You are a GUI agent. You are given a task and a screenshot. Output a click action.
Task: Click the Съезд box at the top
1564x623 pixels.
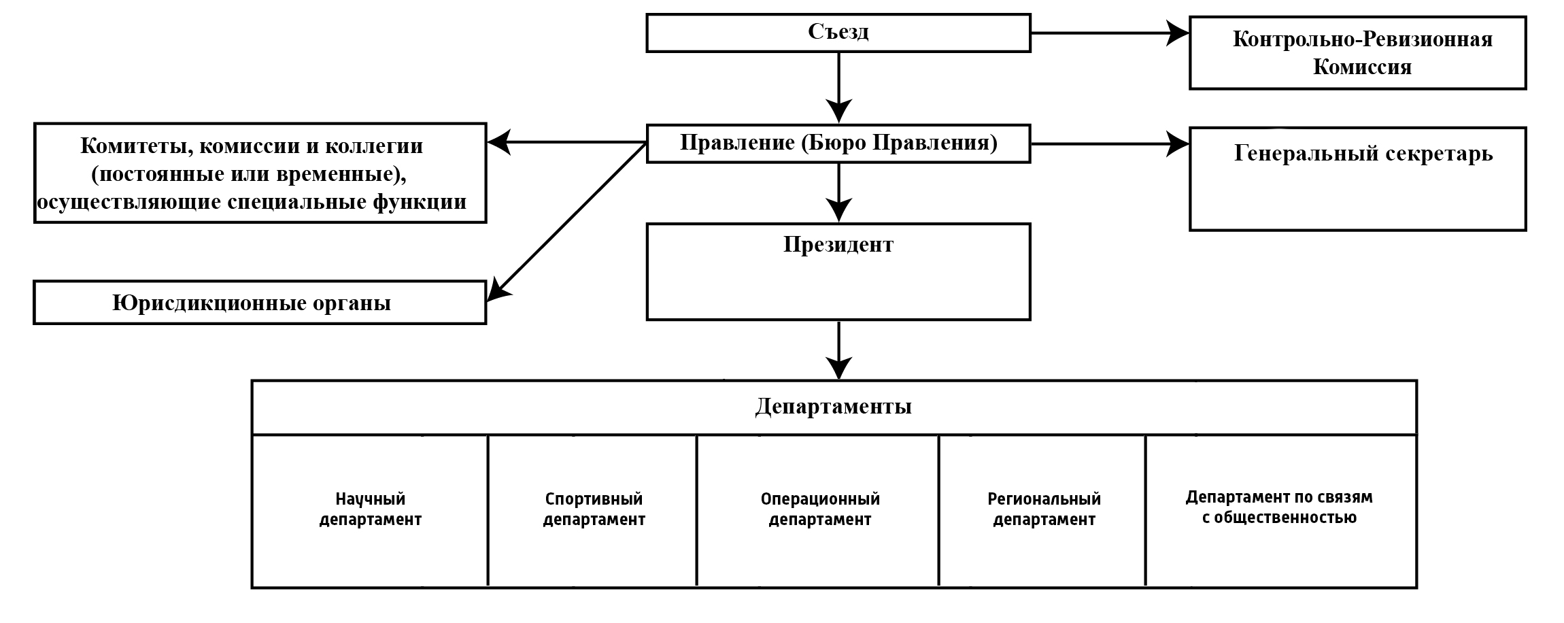838,33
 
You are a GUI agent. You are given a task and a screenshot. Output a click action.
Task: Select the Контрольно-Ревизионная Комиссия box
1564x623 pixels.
1357,53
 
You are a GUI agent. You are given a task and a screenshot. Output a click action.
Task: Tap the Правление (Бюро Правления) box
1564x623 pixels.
838,144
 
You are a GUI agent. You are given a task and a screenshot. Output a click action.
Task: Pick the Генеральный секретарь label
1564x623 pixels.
1363,154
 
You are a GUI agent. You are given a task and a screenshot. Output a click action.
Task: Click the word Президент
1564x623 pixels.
838,245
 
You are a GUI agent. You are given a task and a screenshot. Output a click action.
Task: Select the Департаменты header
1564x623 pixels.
833,407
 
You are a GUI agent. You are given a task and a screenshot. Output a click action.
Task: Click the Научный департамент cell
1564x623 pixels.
370,509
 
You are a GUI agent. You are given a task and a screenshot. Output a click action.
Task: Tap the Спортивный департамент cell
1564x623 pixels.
593,509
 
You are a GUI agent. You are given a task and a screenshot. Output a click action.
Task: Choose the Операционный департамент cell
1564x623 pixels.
819,509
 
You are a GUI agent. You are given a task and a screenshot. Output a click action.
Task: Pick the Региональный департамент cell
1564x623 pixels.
1043,509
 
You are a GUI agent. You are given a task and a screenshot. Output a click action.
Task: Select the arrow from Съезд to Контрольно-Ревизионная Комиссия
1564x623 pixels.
1108,33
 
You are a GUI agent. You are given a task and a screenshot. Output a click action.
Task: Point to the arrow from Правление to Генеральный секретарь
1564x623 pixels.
1108,144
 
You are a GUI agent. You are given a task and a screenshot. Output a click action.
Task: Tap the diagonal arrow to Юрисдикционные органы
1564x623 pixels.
567,221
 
